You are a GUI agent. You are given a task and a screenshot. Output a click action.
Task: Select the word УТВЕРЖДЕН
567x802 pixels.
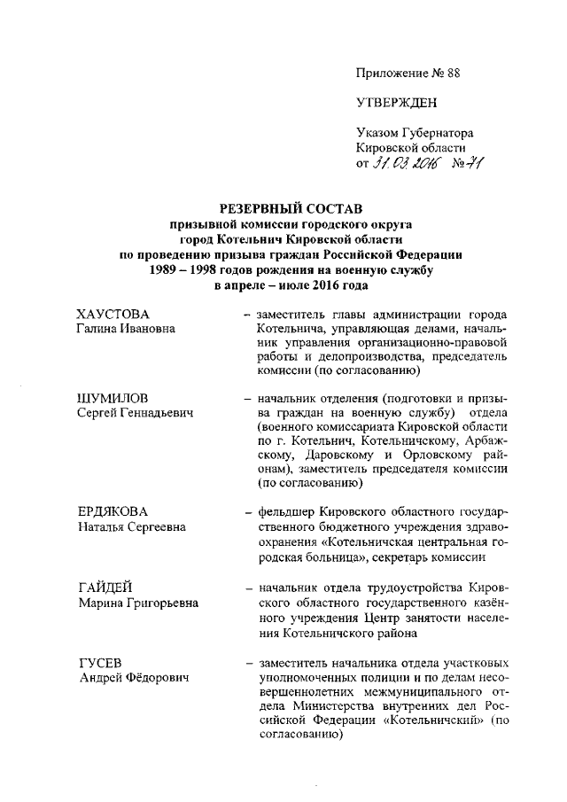[396, 103]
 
